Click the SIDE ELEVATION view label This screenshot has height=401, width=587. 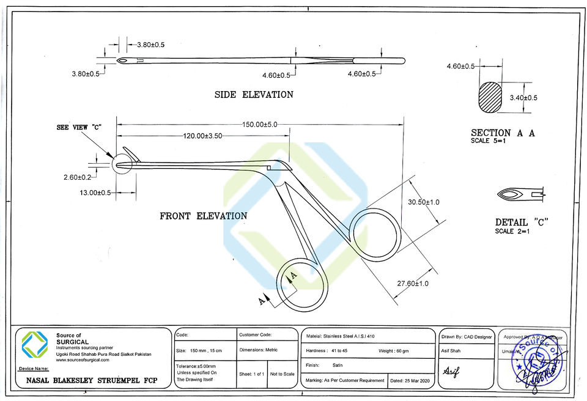pyautogui.click(x=253, y=95)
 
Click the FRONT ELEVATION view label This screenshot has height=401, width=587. pyautogui.click(x=203, y=216)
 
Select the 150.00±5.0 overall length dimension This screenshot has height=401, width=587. pyautogui.click(x=259, y=125)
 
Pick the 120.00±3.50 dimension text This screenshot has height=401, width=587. pyautogui.click(x=202, y=136)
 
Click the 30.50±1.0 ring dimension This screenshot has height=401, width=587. pyautogui.click(x=424, y=202)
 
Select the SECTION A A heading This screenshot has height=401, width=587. pyautogui.click(x=503, y=133)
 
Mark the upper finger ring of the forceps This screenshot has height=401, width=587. pyautogui.click(x=375, y=235)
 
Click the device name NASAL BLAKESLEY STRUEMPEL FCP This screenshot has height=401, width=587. pyautogui.click(x=91, y=380)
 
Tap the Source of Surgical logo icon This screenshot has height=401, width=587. pyautogui.click(x=35, y=345)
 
